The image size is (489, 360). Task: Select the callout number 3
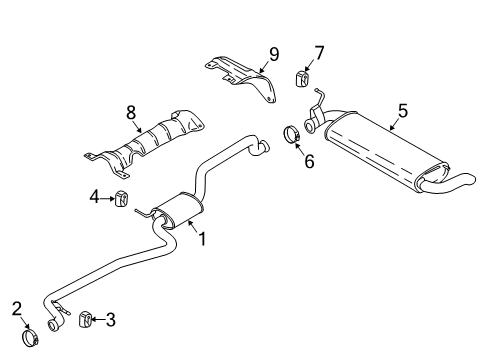click(110, 319)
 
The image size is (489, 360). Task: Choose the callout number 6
click(309, 160)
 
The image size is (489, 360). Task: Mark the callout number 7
click(319, 51)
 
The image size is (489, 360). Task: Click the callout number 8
click(132, 116)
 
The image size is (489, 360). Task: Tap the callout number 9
click(273, 54)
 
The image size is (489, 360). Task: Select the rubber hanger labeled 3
click(85, 319)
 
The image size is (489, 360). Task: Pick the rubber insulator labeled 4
click(123, 198)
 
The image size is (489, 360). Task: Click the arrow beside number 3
click(98, 319)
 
